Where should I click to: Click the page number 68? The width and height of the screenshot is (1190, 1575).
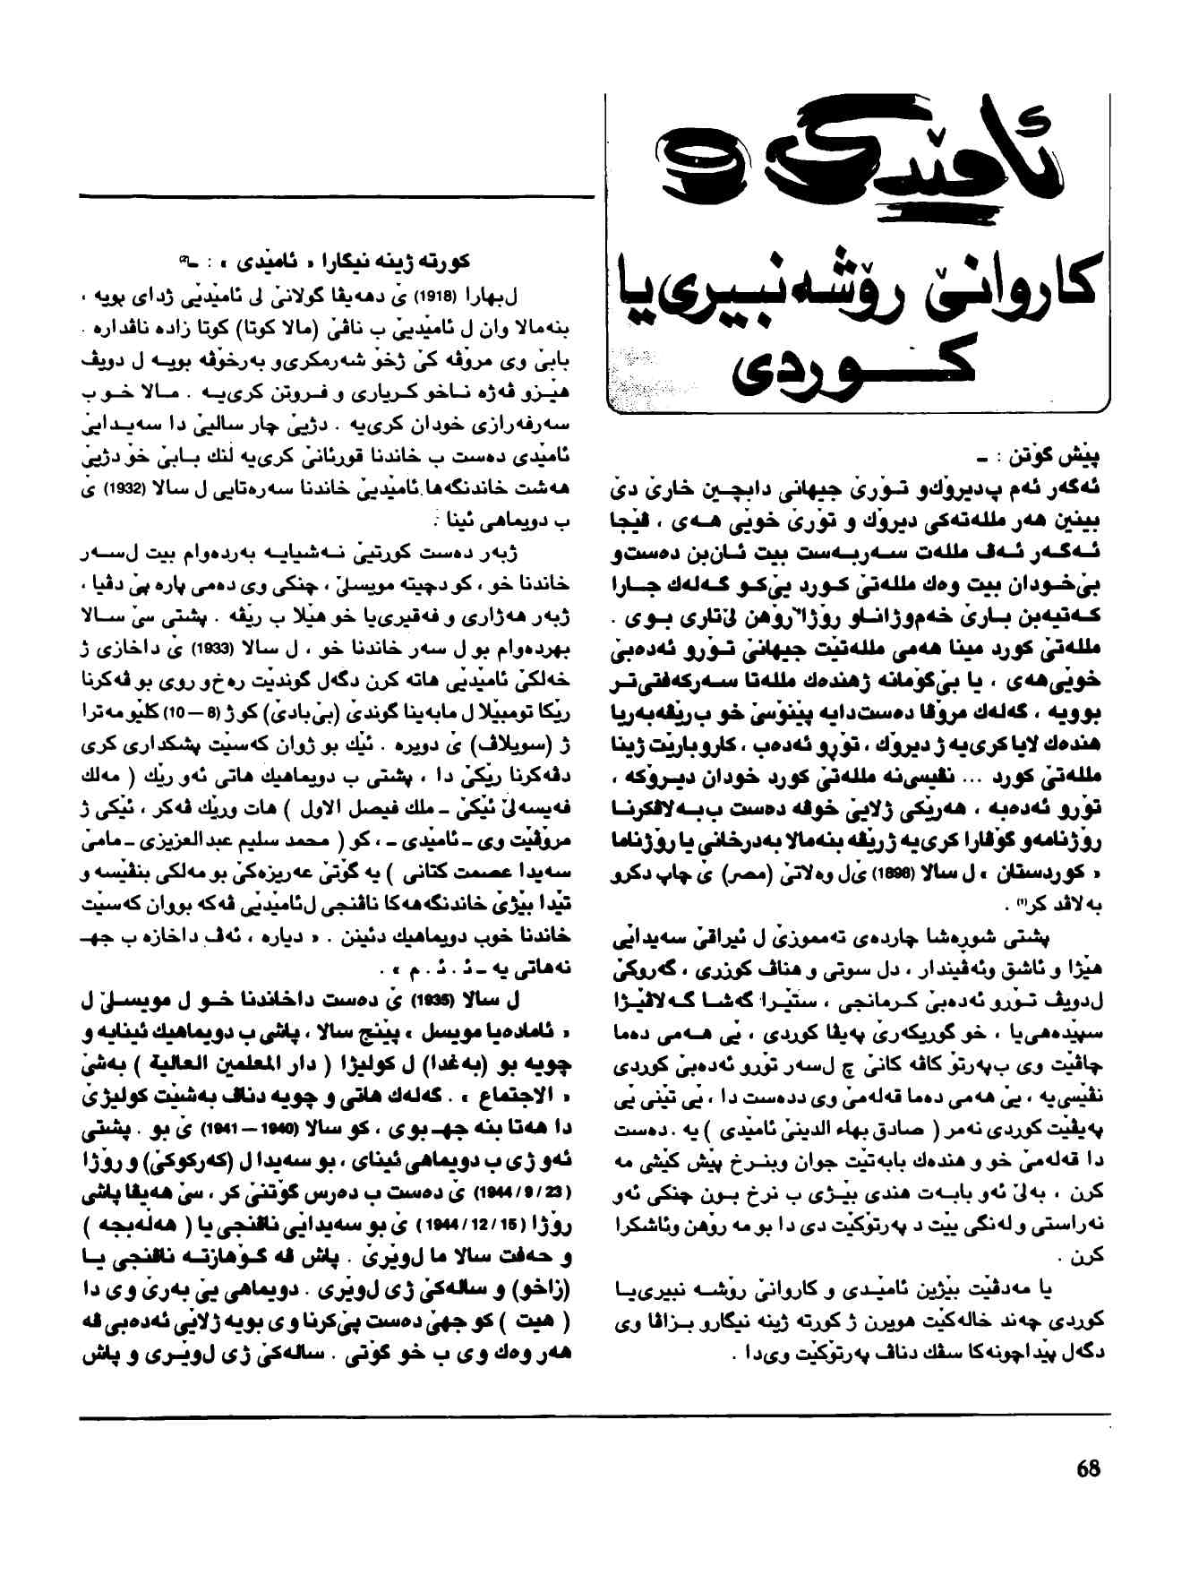point(1088,1469)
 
